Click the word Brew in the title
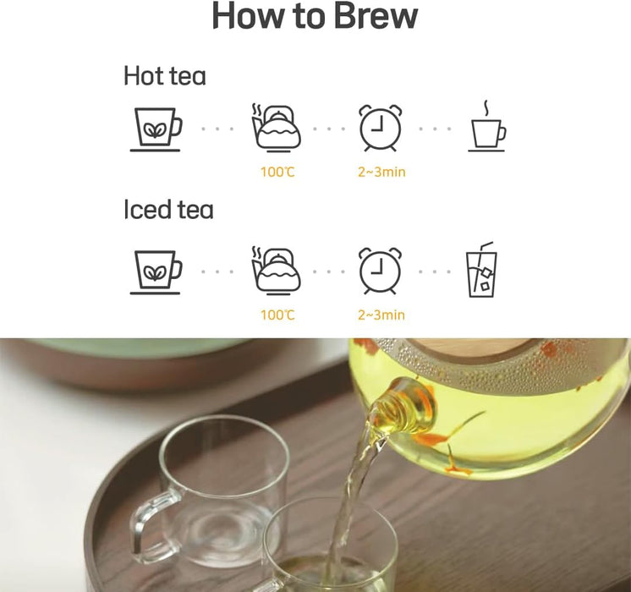click(x=376, y=16)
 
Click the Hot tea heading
click(x=165, y=75)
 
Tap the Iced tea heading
click(x=168, y=209)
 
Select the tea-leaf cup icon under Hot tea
click(x=156, y=129)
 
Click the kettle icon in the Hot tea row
click(x=276, y=129)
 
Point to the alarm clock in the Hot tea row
click(x=381, y=128)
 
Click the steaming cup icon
click(x=487, y=126)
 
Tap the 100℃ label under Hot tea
click(x=277, y=173)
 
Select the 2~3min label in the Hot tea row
click(x=381, y=173)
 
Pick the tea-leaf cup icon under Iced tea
click(x=156, y=272)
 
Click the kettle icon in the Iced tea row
click(x=276, y=271)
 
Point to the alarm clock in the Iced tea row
click(x=381, y=271)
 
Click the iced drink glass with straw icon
click(x=481, y=270)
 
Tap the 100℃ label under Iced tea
click(x=277, y=315)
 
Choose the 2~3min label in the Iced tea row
click(x=381, y=315)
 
